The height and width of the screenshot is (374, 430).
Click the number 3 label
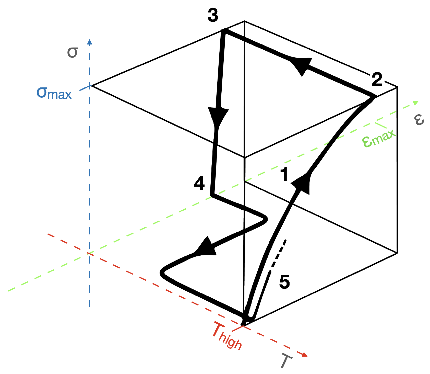pyautogui.click(x=213, y=15)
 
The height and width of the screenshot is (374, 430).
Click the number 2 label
pyautogui.click(x=377, y=79)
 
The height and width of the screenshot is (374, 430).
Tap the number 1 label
pyautogui.click(x=284, y=174)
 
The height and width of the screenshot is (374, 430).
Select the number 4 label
pyautogui.click(x=199, y=184)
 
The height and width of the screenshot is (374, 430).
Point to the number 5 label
pyautogui.click(x=284, y=282)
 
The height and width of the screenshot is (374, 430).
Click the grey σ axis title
pyautogui.click(x=72, y=53)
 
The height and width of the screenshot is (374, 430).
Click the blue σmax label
pyautogui.click(x=54, y=94)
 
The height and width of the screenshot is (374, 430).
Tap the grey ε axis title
pyautogui.click(x=419, y=119)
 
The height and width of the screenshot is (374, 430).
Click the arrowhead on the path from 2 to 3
pyautogui.click(x=301, y=65)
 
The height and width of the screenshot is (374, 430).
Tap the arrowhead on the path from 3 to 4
pyautogui.click(x=218, y=116)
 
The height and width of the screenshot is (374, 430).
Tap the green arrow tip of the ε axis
pyautogui.click(x=415, y=103)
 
